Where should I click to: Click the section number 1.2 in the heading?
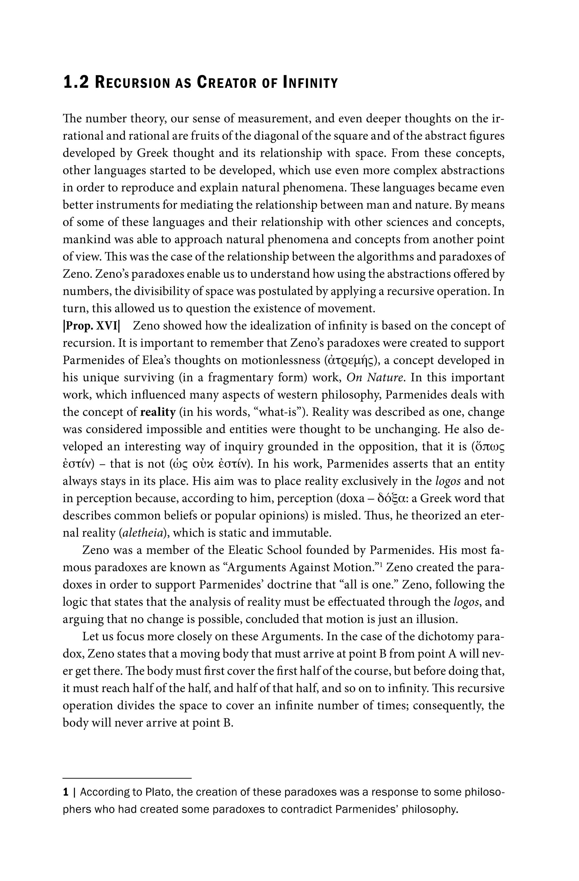pos(76,82)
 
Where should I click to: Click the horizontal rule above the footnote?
pos(127,768)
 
